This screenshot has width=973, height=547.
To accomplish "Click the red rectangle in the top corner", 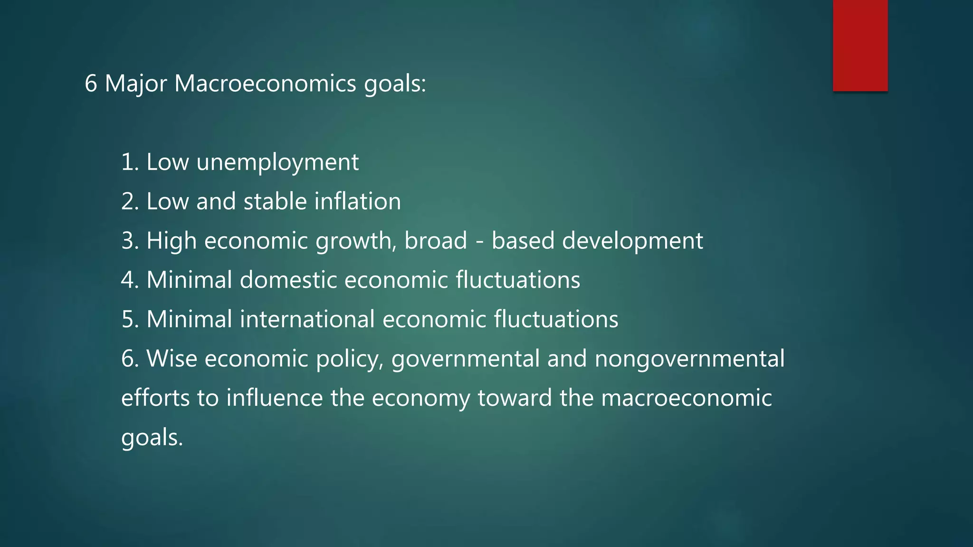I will point(860,46).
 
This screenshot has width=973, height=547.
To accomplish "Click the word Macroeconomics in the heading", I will point(265,84).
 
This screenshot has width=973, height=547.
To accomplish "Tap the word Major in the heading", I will point(135,84).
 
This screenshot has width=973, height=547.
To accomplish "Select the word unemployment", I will point(277,163).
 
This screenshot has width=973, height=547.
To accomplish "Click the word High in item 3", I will point(172,241).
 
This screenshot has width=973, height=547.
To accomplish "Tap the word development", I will point(632,241).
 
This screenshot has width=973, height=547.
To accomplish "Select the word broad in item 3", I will point(436,241).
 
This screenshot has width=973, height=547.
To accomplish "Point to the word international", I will point(307,319).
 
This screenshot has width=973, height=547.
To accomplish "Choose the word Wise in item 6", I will point(172,358).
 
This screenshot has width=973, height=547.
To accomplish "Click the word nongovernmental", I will point(689,358).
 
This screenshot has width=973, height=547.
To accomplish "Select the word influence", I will point(275,398).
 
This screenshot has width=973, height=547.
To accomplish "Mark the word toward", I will point(515,398).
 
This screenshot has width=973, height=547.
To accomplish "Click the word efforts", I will point(155,398).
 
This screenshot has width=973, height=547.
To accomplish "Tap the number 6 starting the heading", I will point(91,84).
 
